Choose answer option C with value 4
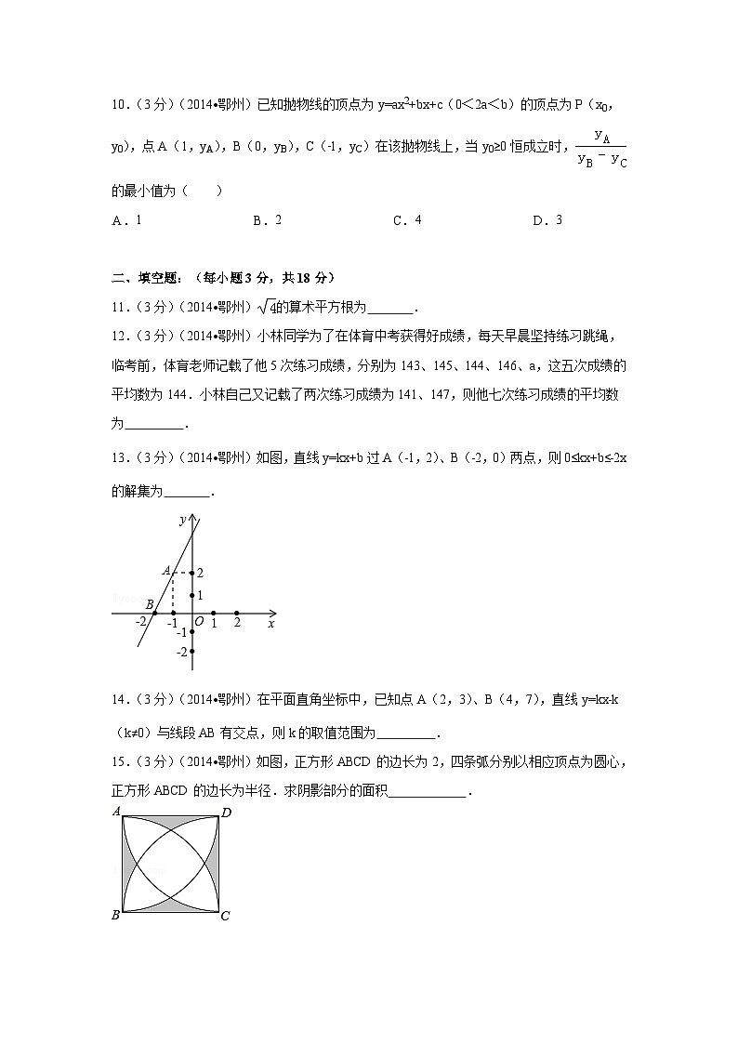pyautogui.click(x=408, y=220)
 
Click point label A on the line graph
pyautogui.click(x=165, y=571)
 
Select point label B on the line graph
pyautogui.click(x=149, y=604)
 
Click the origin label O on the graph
pyautogui.click(x=199, y=623)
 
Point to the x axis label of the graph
pyautogui.click(x=270, y=624)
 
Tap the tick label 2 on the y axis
pyautogui.click(x=200, y=573)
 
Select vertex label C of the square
pyautogui.click(x=225, y=916)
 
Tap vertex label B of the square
pyautogui.click(x=115, y=916)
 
